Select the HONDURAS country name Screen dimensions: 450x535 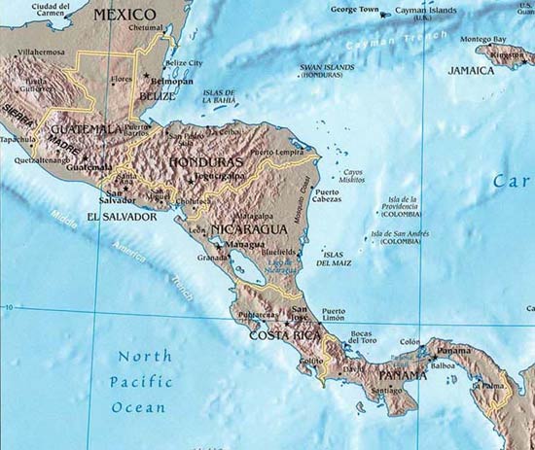pos(206,162)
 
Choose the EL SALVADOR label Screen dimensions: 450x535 pos(122,217)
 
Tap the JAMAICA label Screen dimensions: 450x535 pos(471,71)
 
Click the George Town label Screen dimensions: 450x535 pos(355,10)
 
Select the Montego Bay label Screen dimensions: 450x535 pos(482,39)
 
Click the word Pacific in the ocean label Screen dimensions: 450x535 pos(140,380)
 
